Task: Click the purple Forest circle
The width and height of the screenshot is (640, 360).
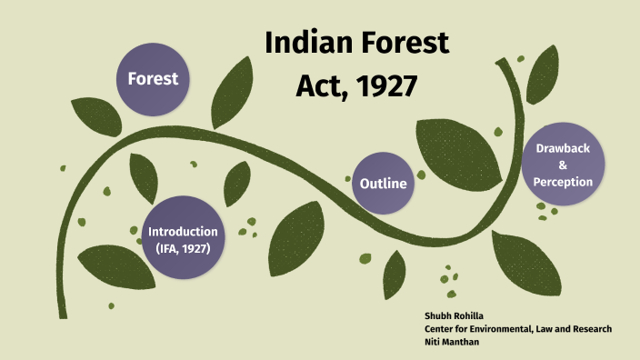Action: coord(153,78)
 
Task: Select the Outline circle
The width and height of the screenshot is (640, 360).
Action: coord(383,184)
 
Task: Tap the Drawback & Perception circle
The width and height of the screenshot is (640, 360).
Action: coord(563,164)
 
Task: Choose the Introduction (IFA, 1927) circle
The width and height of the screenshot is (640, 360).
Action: coord(183,239)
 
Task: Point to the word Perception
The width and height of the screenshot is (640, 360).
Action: coord(563,182)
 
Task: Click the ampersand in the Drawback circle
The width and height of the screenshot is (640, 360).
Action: coord(563,165)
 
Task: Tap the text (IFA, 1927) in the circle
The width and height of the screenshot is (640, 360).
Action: coord(183,247)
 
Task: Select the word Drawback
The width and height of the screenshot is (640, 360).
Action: coord(563,147)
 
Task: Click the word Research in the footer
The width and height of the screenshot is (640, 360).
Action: coord(590,328)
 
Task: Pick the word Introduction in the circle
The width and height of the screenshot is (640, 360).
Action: coord(183,231)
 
